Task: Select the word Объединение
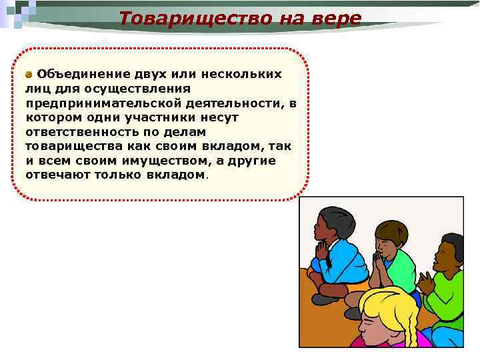pyautogui.click(x=79, y=73)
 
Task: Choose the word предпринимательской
pyautogui.click(x=98, y=103)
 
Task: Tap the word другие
pyautogui.click(x=253, y=161)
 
